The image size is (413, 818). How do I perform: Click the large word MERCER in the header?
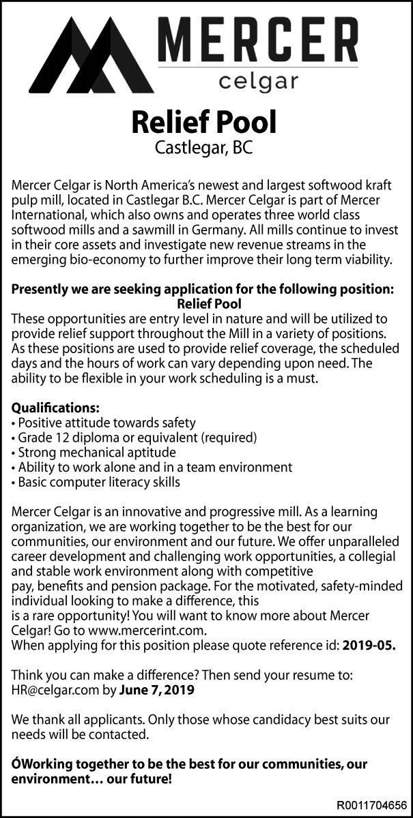[259, 43]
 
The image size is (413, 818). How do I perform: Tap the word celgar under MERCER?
[259, 82]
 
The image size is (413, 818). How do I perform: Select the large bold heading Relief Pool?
[204, 123]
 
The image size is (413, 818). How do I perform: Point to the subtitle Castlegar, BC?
[204, 148]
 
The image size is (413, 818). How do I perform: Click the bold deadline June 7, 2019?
[156, 691]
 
